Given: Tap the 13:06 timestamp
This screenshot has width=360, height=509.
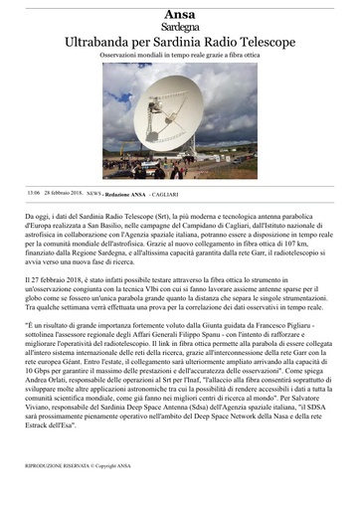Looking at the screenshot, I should click(x=34, y=193).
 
